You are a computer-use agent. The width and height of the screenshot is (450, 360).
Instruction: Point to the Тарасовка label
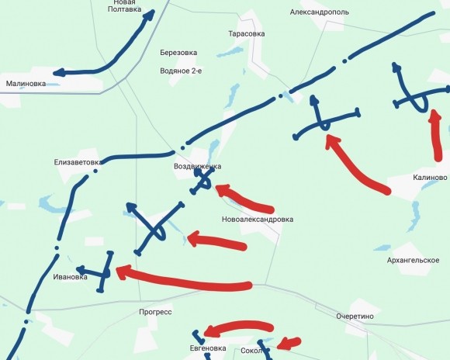point(247,34)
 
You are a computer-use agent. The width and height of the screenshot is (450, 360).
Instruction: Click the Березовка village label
point(178,53)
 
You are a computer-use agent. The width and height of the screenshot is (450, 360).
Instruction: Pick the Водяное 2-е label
point(180,71)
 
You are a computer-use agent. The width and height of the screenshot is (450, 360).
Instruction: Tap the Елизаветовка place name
point(78,162)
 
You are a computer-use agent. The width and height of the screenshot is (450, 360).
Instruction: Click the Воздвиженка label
point(198,167)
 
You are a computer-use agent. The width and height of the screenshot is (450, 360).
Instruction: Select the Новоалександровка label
point(257,220)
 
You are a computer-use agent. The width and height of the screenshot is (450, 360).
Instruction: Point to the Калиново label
point(431,178)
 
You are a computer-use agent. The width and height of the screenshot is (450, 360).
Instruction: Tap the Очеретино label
point(355,317)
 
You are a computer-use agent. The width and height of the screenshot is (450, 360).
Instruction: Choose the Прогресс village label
point(155,312)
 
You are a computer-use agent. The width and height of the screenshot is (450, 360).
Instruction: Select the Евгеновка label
point(207,349)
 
